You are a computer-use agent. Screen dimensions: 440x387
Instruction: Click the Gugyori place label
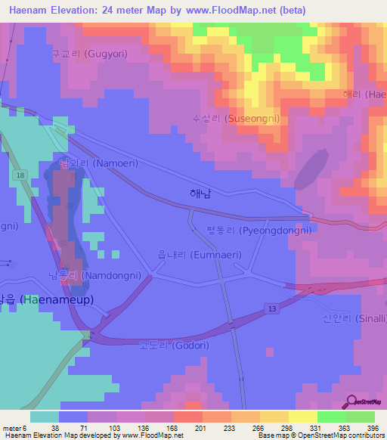pyautogui.click(x=89, y=54)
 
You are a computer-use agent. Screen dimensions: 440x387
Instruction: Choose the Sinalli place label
pyautogui.click(x=354, y=319)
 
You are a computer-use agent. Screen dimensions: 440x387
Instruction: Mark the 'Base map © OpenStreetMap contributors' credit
pyautogui.click(x=318, y=435)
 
